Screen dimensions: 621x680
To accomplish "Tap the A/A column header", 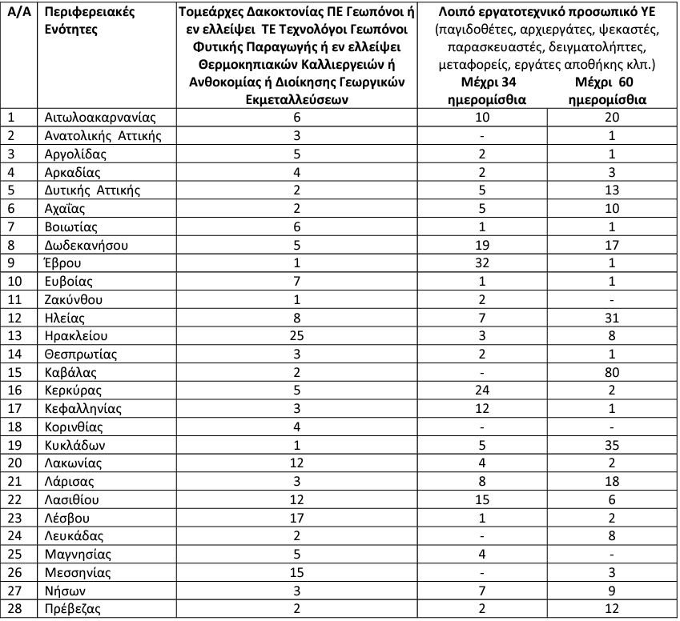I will pos(18,12).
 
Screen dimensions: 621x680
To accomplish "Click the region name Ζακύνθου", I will pos(74,299).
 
